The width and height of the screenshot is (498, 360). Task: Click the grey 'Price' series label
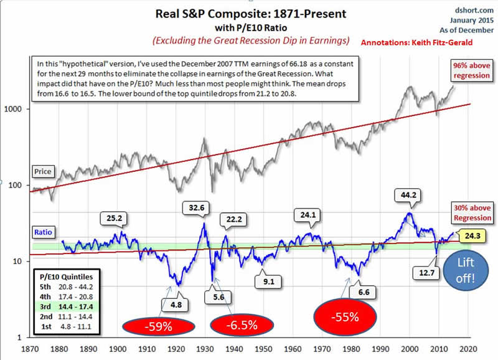pos(44,171)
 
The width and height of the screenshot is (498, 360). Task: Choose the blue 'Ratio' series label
pos(44,231)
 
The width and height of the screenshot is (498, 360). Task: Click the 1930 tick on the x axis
pos(202,349)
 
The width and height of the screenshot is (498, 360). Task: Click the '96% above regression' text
pos(471,71)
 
